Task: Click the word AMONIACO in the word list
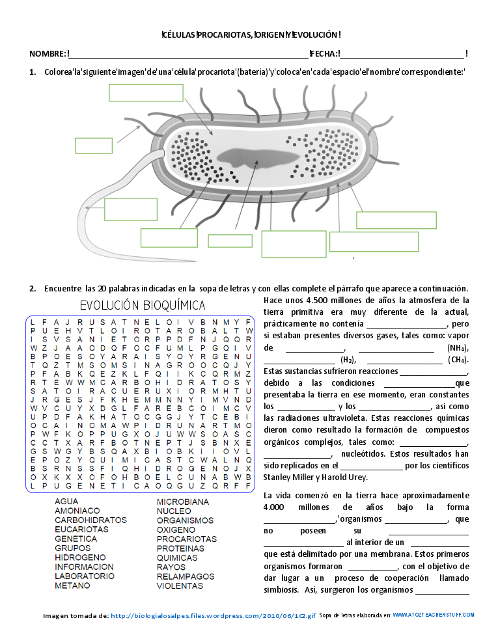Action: pos(77,511)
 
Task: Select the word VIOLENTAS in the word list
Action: pos(180,585)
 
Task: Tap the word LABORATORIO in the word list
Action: pos(84,576)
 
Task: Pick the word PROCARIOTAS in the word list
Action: pos(186,539)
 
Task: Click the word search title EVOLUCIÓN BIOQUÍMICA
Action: pos(142,305)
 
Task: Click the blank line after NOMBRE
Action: pos(189,53)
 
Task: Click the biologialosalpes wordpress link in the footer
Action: pos(213,615)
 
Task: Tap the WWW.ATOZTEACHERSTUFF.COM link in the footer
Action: pos(434,615)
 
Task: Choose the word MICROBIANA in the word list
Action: pos(182,502)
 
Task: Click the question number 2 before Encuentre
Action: pos(32,288)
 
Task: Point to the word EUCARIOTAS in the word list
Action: pos(81,530)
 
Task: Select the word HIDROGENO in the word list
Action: pos(80,557)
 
